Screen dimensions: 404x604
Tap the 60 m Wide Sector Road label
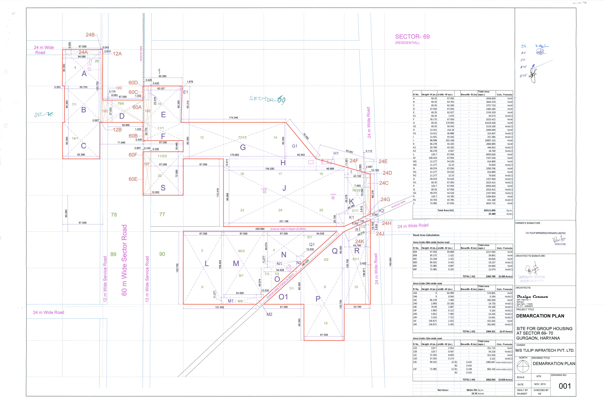point(124,260)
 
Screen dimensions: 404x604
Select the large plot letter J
point(284,188)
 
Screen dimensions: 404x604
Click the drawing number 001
point(565,386)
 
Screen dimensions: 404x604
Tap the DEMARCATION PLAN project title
point(540,316)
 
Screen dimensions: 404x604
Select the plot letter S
point(163,188)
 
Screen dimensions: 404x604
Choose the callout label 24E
point(383,162)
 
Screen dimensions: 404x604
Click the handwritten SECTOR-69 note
point(267,99)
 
